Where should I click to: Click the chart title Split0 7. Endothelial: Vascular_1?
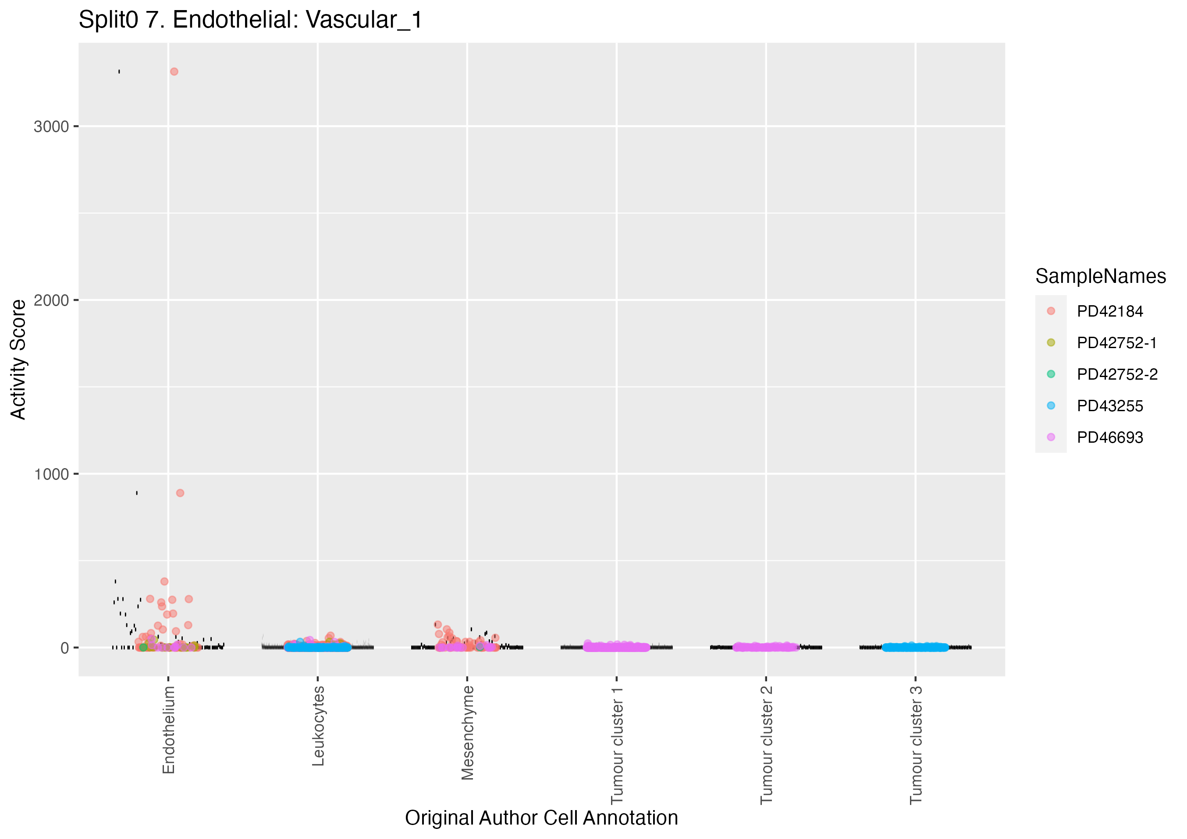(250, 21)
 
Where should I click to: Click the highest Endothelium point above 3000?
(174, 72)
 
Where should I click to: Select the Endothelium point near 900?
(180, 493)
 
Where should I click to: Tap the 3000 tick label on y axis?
(51, 127)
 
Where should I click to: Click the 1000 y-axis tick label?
(51, 474)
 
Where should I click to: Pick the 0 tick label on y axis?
(64, 648)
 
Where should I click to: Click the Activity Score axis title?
(18, 360)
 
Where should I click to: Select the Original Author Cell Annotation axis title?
(541, 818)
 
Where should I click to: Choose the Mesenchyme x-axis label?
(468, 732)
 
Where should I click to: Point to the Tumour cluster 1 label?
(617, 744)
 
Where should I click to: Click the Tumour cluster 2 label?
(767, 744)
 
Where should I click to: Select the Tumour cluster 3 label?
(916, 744)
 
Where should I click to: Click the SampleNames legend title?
(1100, 276)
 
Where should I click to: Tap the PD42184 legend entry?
(1109, 311)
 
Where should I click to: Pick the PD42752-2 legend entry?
(1117, 374)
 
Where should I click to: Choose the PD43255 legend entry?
(1109, 406)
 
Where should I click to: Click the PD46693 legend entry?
(1109, 437)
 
